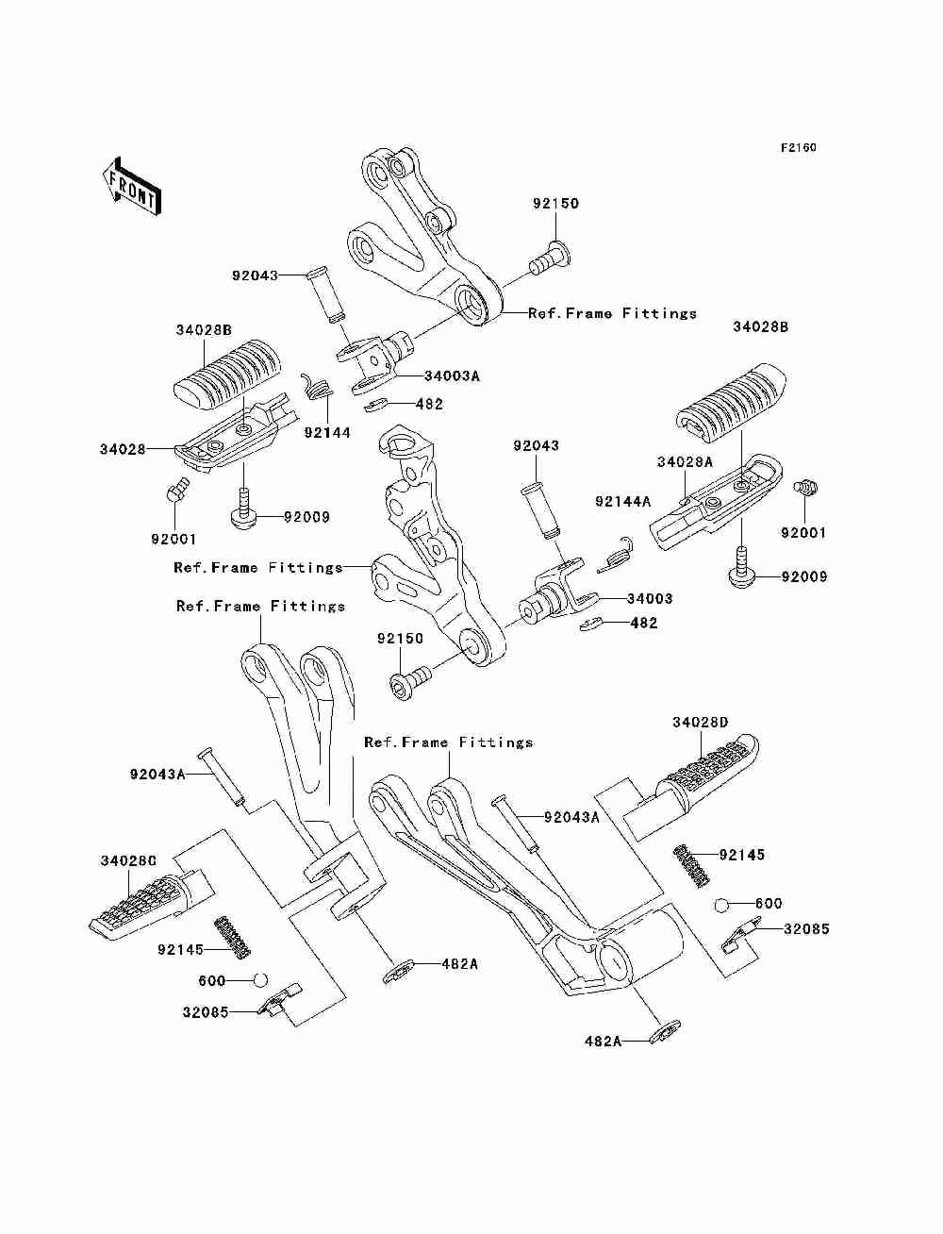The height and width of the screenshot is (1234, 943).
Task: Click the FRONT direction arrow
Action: [132, 186]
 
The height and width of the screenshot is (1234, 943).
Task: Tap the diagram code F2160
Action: [798, 148]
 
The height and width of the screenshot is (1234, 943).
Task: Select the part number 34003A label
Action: [452, 375]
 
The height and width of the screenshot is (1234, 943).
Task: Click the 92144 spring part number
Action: [327, 432]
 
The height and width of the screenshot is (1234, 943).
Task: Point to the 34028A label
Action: [685, 461]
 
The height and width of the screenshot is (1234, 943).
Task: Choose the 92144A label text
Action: [622, 501]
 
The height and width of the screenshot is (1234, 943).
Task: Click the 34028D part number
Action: [700, 722]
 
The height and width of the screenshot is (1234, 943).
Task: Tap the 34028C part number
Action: [128, 860]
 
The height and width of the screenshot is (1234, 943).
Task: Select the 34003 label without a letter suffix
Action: [650, 598]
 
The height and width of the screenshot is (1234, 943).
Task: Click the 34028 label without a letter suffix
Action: [123, 449]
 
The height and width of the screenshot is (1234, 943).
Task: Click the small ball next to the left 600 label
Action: [261, 980]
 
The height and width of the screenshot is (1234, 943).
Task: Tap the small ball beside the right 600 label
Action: [721, 905]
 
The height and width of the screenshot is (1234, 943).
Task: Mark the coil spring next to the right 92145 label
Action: [692, 867]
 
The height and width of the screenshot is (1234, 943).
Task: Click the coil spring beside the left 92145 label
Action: [233, 937]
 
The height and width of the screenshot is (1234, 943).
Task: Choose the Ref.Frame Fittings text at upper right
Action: [612, 313]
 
